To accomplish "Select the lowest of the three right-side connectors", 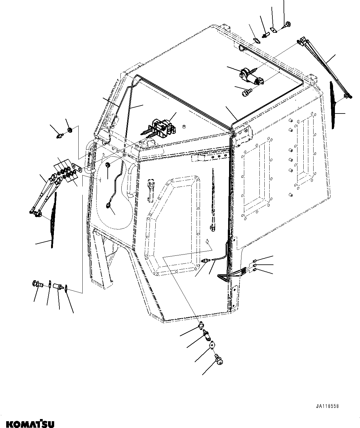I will tap(254, 270).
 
